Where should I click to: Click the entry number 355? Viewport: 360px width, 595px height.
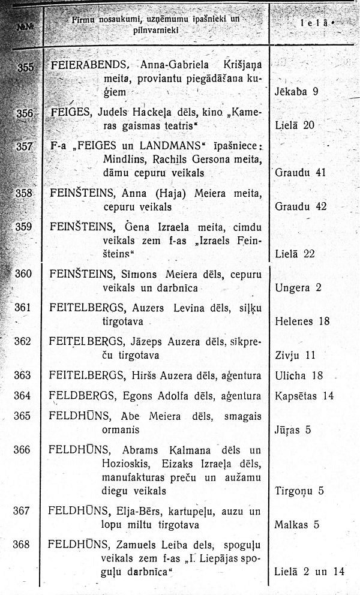pyautogui.click(x=26, y=67)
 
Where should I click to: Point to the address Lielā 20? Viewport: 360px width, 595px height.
pyautogui.click(x=295, y=125)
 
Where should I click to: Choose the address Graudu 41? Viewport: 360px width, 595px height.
pyautogui.click(x=300, y=173)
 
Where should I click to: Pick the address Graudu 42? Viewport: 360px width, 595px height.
pyautogui.click(x=300, y=206)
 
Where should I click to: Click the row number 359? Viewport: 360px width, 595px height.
pyautogui.click(x=23, y=227)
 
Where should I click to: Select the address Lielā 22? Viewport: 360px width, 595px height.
pyautogui.click(x=295, y=254)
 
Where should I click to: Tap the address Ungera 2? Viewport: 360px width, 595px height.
pyautogui.click(x=298, y=287)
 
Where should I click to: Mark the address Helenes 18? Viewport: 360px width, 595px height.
pyautogui.click(x=302, y=321)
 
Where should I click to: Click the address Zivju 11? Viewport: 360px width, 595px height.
pyautogui.click(x=295, y=354)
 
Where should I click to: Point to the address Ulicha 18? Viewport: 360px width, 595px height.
pyautogui.click(x=299, y=375)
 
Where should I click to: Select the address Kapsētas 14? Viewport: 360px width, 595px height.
pyautogui.click(x=304, y=396)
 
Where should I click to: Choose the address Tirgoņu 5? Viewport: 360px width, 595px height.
pyautogui.click(x=299, y=491)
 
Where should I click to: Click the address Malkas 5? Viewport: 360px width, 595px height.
pyautogui.click(x=296, y=525)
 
